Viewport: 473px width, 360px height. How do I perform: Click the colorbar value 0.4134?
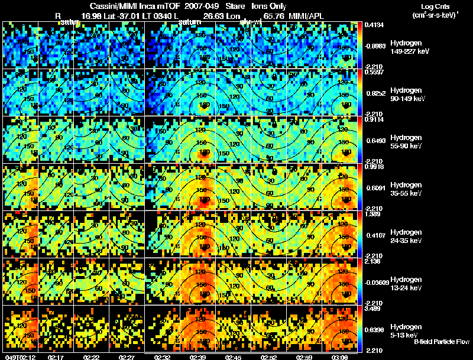(x=374, y=25)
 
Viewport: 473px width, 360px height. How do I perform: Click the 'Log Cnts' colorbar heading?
(x=429, y=7)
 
